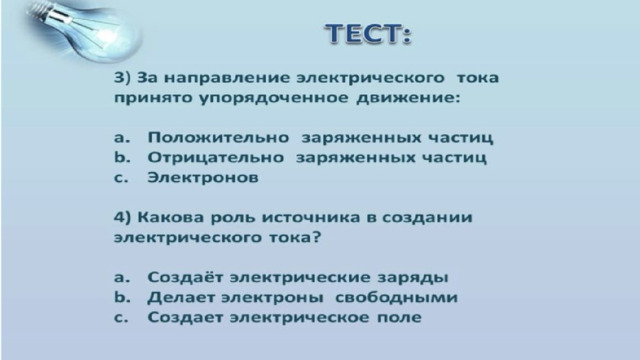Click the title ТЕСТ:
click(368, 33)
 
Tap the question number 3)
click(122, 78)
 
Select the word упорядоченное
click(274, 99)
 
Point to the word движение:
click(408, 98)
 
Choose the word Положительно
click(218, 138)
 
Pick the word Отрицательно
click(216, 158)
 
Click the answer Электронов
click(203, 178)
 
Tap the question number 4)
click(122, 217)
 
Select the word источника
click(311, 218)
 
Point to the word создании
click(427, 218)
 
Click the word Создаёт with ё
click(185, 277)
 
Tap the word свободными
click(396, 297)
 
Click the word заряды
click(413, 278)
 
